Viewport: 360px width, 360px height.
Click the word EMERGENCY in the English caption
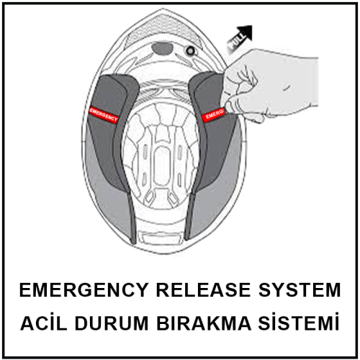(x=84, y=290)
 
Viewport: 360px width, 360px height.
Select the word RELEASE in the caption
(x=204, y=290)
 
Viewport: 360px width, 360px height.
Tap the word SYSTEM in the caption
(x=300, y=290)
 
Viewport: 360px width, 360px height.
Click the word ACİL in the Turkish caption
(x=44, y=323)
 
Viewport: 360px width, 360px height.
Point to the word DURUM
(x=112, y=323)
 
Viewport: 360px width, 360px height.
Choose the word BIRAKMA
(x=204, y=323)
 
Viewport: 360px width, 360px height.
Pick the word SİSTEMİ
(x=299, y=322)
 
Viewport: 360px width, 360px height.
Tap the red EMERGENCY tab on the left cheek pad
(x=104, y=114)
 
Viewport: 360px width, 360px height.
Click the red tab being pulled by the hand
(x=213, y=114)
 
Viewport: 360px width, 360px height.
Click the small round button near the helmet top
(x=191, y=51)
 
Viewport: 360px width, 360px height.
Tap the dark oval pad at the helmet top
(x=163, y=48)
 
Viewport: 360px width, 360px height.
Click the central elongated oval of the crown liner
(x=161, y=165)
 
